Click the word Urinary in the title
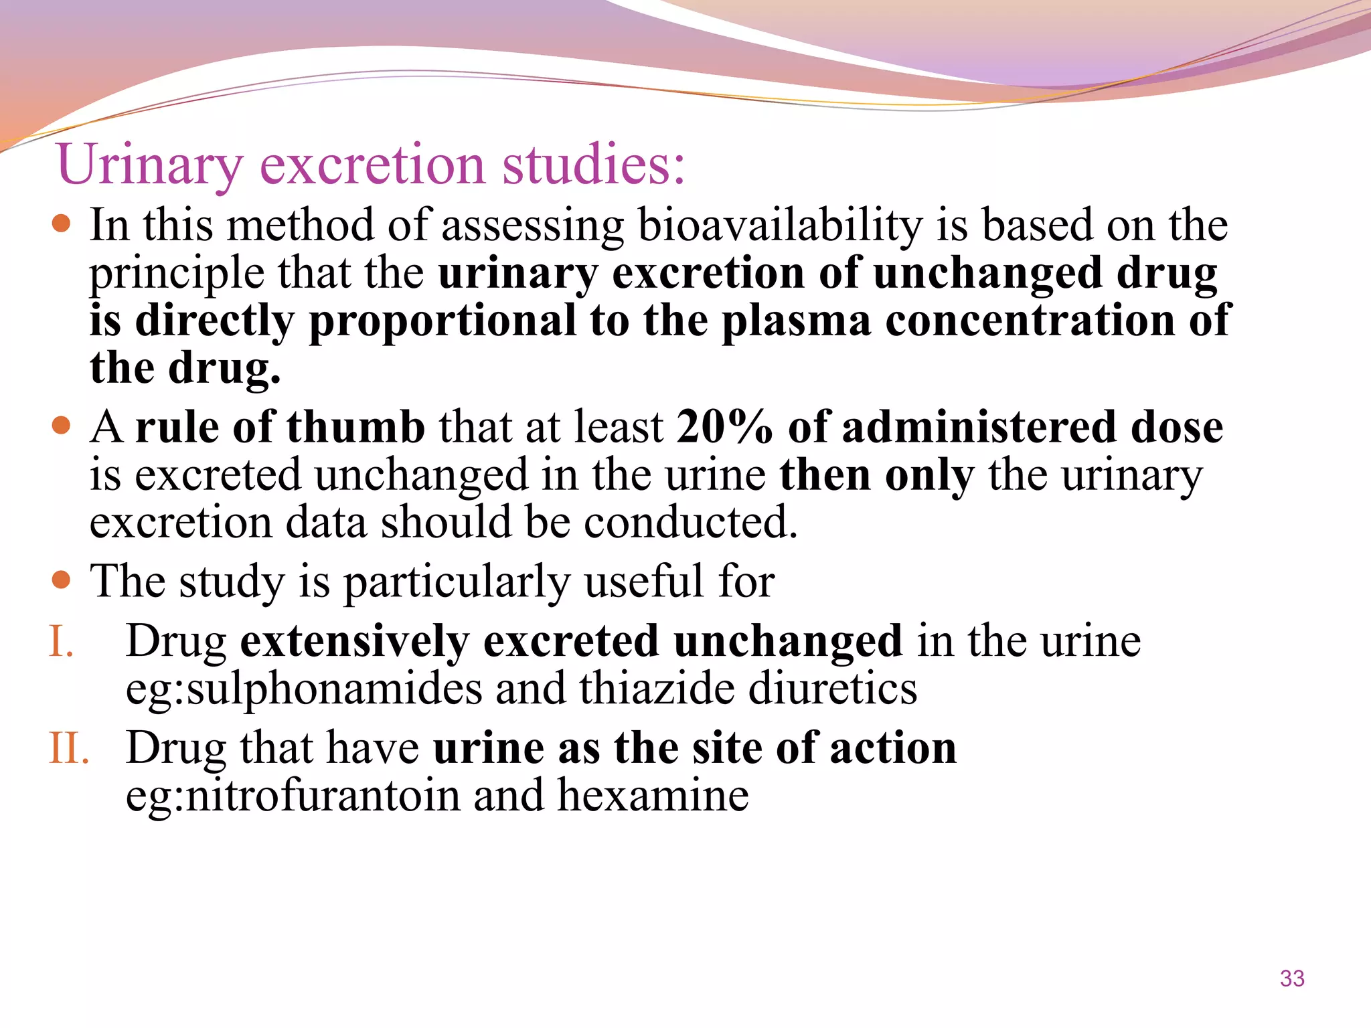[149, 165]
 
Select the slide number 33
[1292, 978]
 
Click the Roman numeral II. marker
[69, 748]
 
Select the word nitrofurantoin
[323, 796]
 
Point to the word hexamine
[652, 796]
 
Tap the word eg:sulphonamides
[303, 690]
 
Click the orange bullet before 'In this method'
[61, 224]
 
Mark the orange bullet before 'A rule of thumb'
[61, 426]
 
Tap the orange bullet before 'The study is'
[61, 579]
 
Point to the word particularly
[456, 582]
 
